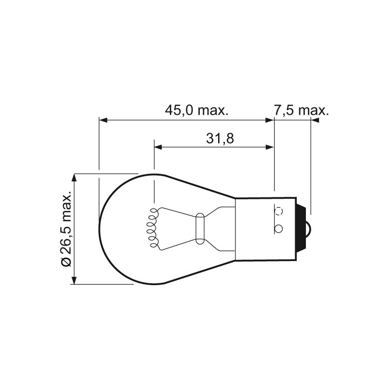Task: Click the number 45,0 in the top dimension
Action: point(179,111)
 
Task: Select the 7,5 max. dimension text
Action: point(301,111)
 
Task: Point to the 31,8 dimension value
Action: point(220,139)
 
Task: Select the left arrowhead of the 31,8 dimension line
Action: point(158,146)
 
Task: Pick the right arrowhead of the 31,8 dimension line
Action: point(271,146)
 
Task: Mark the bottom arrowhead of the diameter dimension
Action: point(74,281)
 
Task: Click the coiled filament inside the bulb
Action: point(153,229)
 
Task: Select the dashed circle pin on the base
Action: point(278,211)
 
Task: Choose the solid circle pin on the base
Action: point(278,228)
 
